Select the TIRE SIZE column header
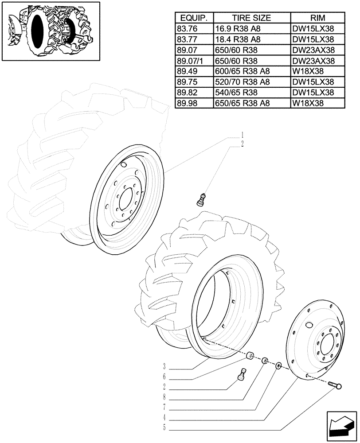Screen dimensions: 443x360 click(x=251, y=18)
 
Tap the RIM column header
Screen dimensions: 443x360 click(x=317, y=18)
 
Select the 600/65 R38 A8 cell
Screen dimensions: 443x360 click(x=242, y=71)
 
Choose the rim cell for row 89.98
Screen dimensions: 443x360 click(x=308, y=103)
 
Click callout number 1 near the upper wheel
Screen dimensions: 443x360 click(x=242, y=134)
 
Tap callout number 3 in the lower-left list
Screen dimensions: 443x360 click(x=164, y=366)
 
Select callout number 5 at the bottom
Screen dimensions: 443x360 click(x=164, y=428)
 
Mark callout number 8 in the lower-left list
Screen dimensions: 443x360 click(x=164, y=397)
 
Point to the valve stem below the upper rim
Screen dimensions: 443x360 click(x=202, y=199)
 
